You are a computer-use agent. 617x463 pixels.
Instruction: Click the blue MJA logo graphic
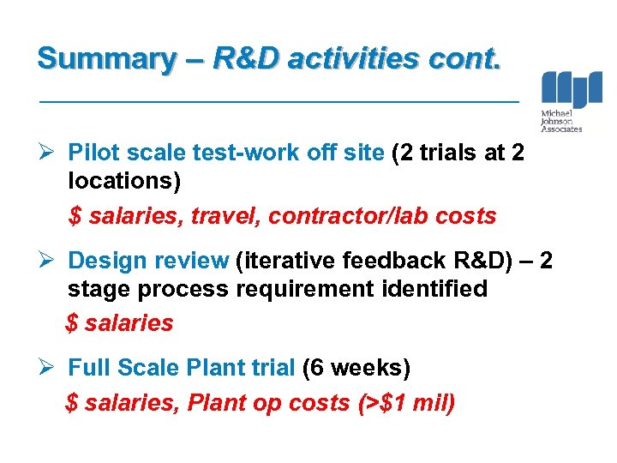pyautogui.click(x=572, y=90)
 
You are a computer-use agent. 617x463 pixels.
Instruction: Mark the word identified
pyautogui.click(x=433, y=289)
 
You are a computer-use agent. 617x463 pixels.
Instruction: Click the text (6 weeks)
pyautogui.click(x=356, y=368)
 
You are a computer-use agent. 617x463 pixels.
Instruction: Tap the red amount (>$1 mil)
pyautogui.click(x=405, y=401)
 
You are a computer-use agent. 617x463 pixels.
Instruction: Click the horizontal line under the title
pyautogui.click(x=280, y=102)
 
